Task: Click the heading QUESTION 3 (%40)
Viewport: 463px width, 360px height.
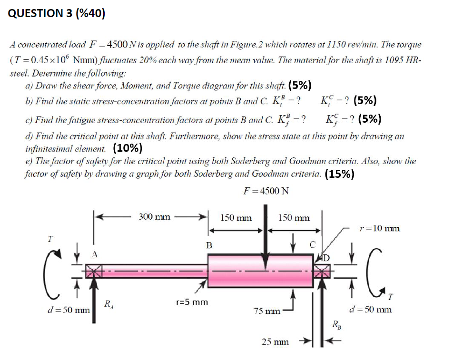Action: tap(57, 13)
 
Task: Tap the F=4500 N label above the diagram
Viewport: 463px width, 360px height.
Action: tap(266, 191)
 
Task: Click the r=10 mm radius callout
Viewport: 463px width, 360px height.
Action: tap(379, 228)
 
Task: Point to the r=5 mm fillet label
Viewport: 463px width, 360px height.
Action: tap(192, 302)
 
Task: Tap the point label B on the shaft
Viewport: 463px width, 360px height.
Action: tap(208, 245)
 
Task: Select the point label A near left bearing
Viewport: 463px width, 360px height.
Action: tap(95, 255)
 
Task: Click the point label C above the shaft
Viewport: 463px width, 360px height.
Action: tap(312, 245)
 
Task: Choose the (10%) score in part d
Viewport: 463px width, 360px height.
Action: tap(128, 148)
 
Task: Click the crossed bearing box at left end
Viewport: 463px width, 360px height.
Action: tap(93, 272)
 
